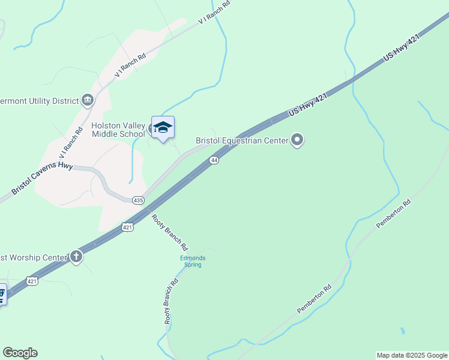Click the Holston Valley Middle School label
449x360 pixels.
118,130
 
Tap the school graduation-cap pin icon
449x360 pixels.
163,127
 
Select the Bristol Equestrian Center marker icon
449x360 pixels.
297,140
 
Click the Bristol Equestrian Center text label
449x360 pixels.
242,141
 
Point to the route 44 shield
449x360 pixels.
214,160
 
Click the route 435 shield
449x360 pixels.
138,200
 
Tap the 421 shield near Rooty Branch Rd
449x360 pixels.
127,227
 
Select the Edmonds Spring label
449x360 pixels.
193,262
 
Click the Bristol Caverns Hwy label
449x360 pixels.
43,178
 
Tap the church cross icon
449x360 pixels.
76,257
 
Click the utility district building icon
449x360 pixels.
88,100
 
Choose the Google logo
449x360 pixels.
20,353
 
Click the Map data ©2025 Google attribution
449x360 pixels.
412,355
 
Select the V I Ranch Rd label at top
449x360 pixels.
214,14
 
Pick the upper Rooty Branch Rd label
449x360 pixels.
170,232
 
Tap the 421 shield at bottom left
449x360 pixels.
32,281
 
